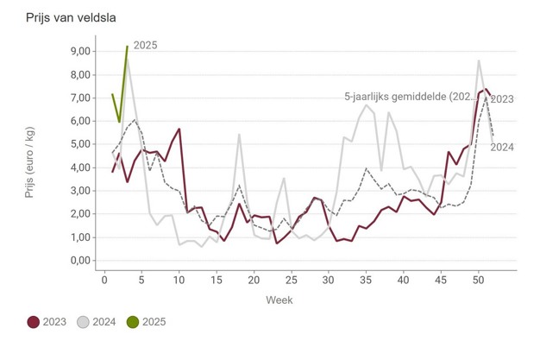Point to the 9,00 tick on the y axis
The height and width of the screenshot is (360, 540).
pos(79,51)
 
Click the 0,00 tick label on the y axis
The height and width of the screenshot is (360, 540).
pos(79,261)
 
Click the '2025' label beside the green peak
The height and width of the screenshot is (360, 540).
pos(145,45)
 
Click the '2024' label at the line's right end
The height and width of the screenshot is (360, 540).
pos(502,147)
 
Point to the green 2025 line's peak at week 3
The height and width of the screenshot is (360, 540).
pos(127,47)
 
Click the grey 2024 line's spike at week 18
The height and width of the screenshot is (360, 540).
pos(239,135)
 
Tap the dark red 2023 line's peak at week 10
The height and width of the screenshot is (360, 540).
pos(179,129)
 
